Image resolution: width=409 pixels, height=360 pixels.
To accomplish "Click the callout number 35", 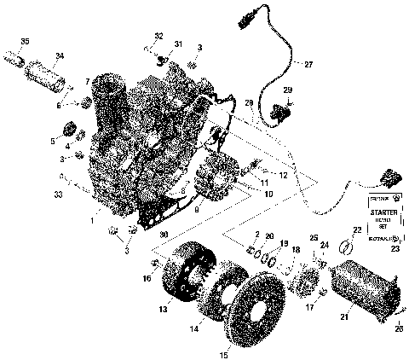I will (24, 41).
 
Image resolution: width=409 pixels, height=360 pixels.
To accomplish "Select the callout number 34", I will (60, 57).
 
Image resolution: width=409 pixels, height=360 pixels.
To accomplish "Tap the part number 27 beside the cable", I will (308, 64).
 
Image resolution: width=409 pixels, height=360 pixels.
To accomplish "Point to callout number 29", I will (288, 90).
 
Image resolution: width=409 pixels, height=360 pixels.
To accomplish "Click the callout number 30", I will (164, 236).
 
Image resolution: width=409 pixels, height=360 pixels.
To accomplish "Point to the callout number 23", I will (395, 249).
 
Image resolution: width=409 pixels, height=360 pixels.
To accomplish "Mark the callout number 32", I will (158, 35).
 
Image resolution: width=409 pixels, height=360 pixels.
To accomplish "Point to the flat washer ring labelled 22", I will (346, 247).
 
